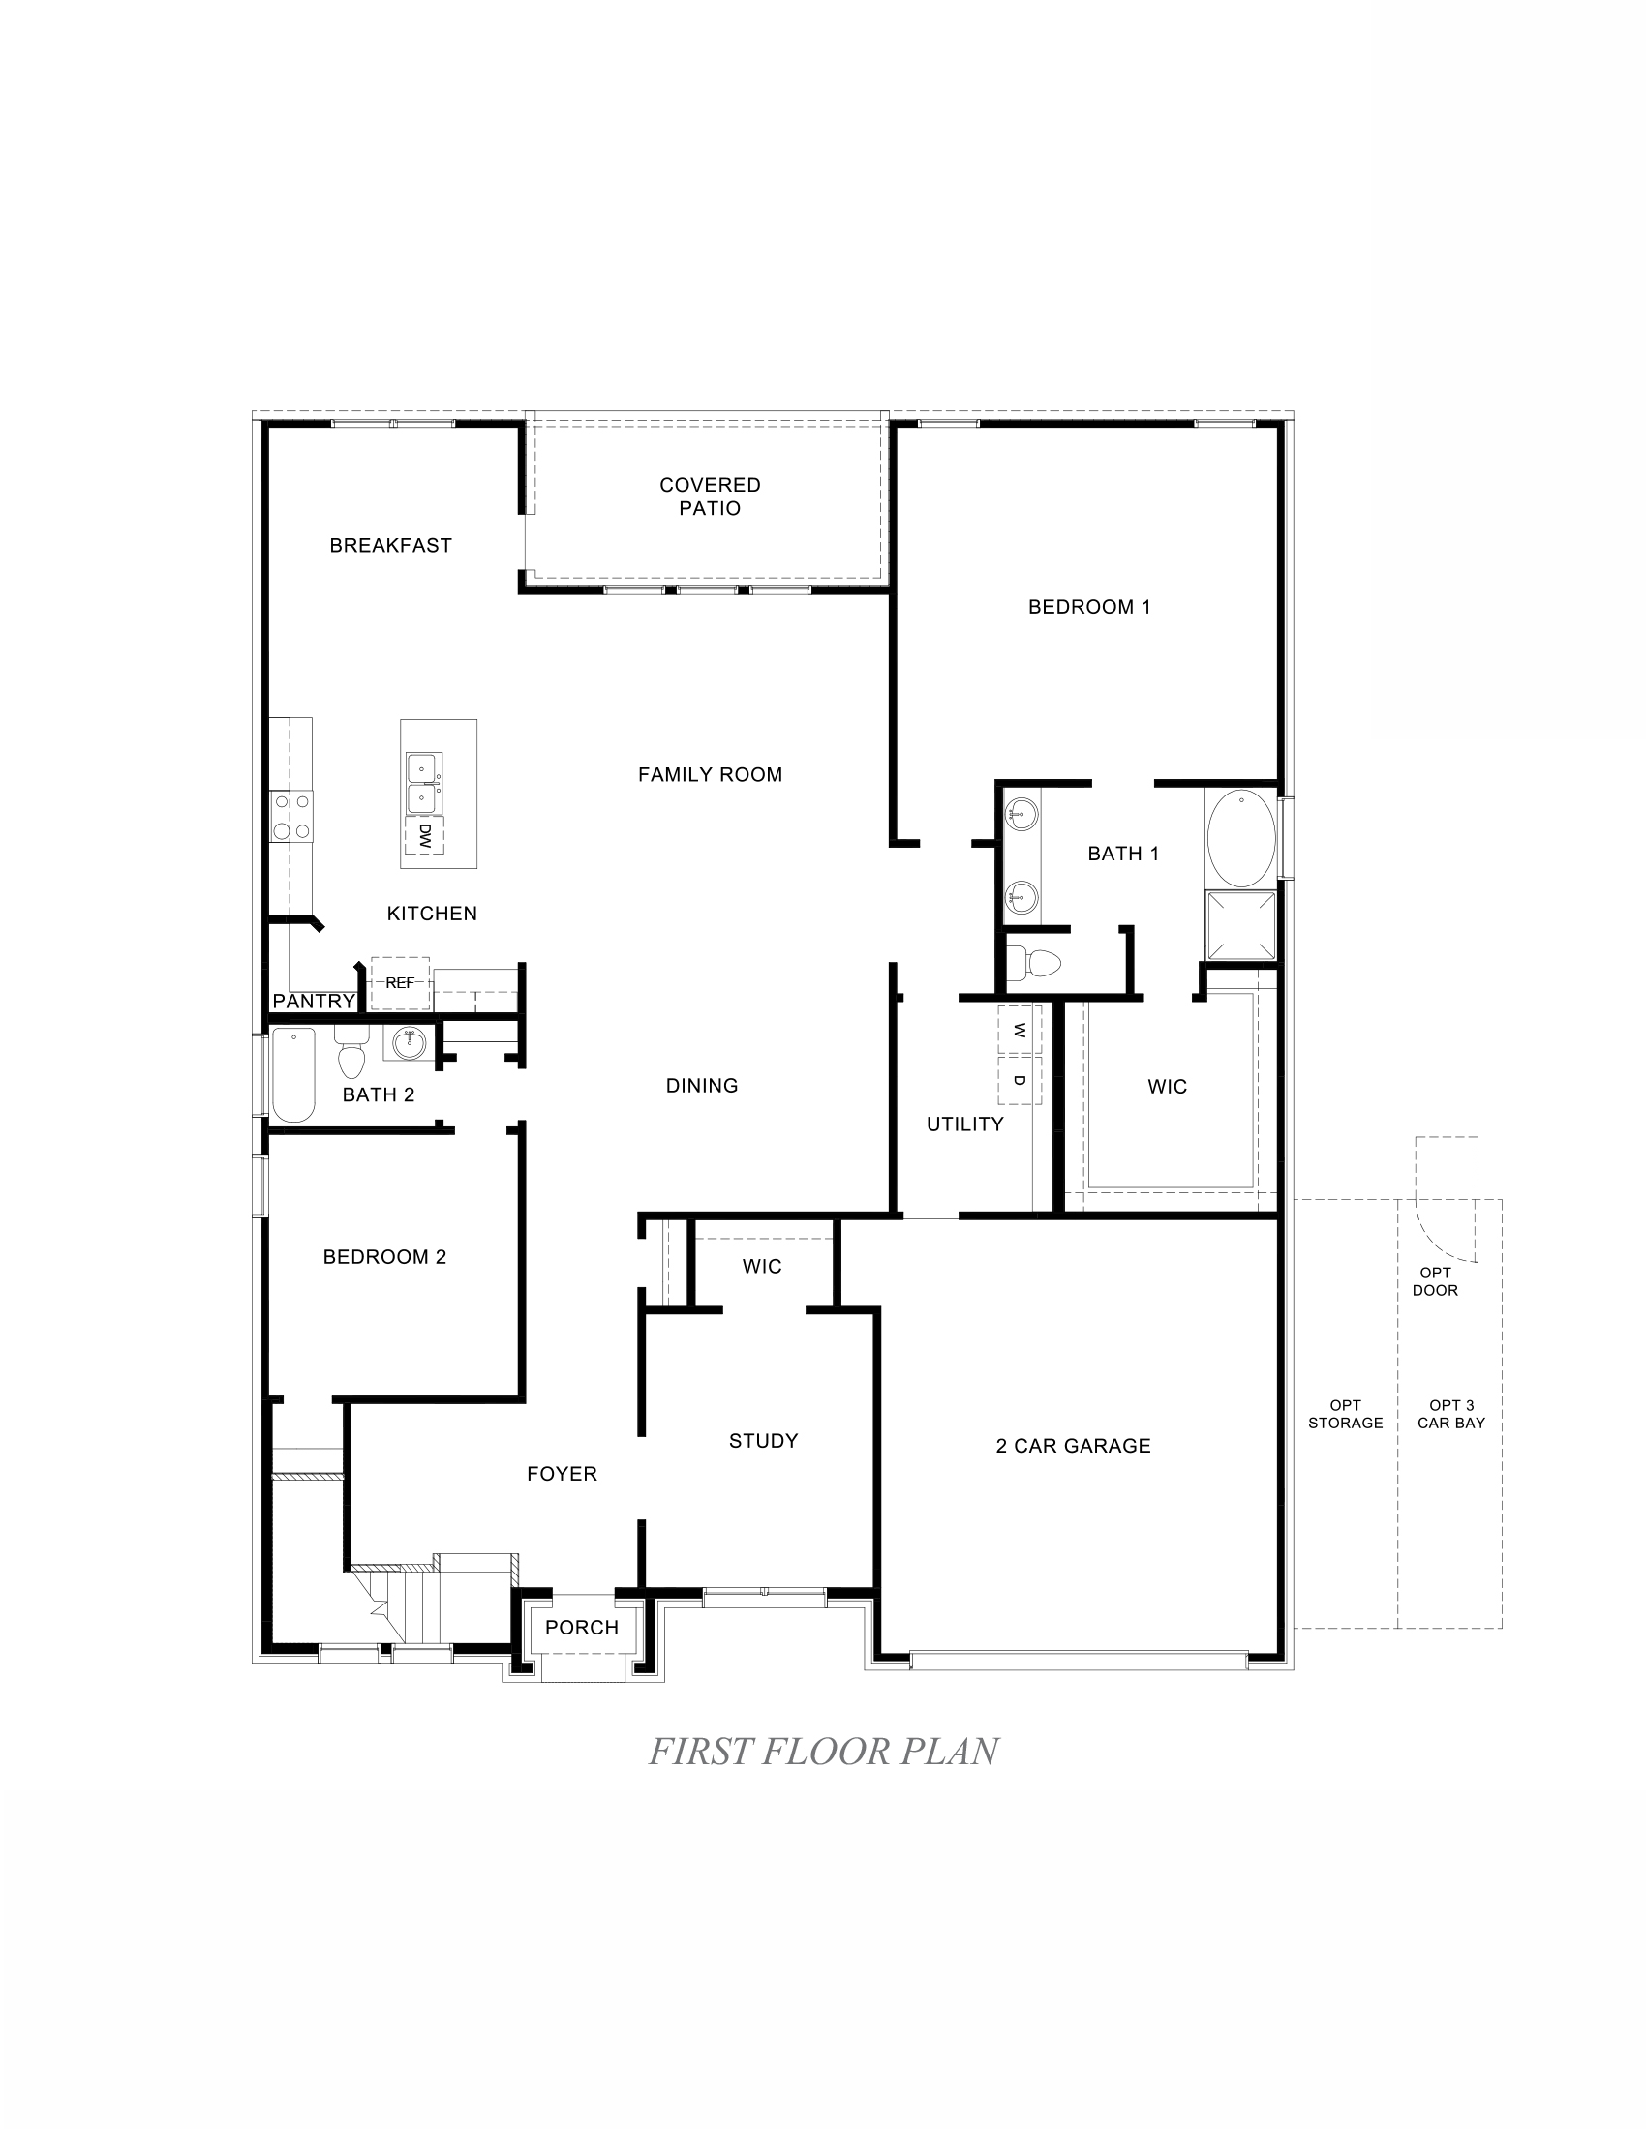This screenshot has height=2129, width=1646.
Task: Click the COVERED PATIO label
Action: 710,496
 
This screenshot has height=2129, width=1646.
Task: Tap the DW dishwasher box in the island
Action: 424,835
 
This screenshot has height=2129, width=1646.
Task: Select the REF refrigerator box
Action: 400,982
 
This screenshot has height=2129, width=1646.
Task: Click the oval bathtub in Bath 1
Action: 1240,838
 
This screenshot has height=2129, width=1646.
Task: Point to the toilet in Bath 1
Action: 1035,963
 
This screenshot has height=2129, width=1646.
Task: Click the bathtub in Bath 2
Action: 293,1075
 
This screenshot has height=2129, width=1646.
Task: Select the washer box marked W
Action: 1019,1031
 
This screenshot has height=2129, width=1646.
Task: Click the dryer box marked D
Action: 1019,1080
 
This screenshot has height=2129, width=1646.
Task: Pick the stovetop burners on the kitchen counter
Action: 291,817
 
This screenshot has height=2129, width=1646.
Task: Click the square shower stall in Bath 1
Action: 1240,926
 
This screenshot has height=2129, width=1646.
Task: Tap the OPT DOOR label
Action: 1435,1281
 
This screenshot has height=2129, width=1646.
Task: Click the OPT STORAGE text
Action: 1345,1414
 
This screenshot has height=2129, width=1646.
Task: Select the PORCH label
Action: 581,1627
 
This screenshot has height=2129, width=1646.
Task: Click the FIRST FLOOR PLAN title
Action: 823,1751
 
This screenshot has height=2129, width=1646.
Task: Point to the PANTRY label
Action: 314,1002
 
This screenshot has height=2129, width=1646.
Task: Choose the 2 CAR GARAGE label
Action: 1073,1446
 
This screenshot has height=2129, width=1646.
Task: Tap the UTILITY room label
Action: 964,1124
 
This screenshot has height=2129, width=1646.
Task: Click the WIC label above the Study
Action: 762,1267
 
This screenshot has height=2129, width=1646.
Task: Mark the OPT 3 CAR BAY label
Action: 1451,1414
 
